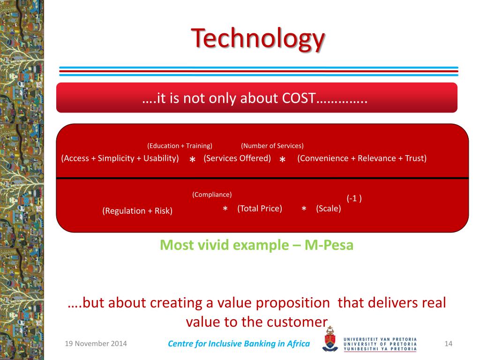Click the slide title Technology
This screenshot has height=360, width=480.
258,39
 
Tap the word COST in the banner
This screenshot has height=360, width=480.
299,98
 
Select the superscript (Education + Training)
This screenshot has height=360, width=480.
180,146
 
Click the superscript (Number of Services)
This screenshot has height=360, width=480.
272,146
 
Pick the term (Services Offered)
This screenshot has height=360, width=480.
237,158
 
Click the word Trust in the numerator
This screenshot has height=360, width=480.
416,158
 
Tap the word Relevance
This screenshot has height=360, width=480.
376,158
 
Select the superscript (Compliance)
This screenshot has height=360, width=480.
212,195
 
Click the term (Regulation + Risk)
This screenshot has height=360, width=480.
137,211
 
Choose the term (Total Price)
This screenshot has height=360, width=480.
260,209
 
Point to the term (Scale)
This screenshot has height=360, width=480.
329,209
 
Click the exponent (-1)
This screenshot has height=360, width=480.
354,198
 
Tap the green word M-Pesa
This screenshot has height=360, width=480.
329,245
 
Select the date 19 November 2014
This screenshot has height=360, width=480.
96,344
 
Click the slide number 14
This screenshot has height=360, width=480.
449,344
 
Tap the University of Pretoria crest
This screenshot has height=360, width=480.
330,339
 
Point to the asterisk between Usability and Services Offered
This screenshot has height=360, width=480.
192,159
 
